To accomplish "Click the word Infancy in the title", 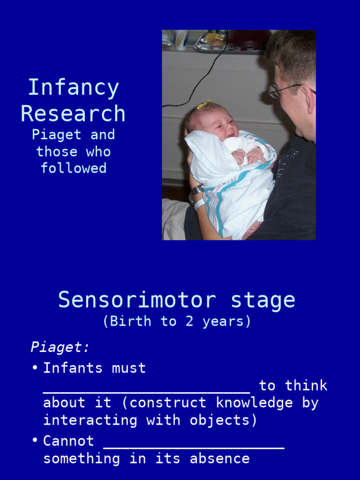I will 74,88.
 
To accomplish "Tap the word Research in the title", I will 73,114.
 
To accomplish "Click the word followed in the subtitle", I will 74,168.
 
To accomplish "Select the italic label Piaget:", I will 60,347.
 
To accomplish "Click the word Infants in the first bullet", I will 73,368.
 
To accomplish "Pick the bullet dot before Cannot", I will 35,441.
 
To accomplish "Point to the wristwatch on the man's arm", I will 195,193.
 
